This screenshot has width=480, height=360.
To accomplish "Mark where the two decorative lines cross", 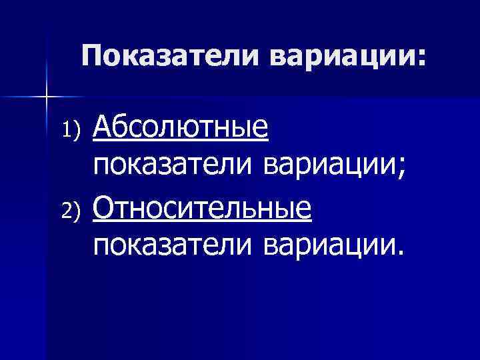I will click(47, 98).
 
